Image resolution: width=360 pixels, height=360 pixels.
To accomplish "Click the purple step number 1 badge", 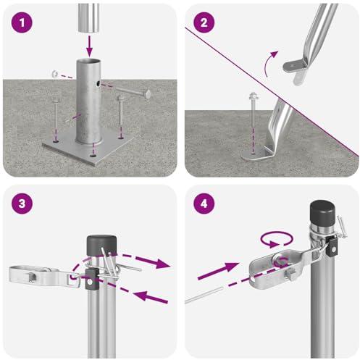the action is (22, 22).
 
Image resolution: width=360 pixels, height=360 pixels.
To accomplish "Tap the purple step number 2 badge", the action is (204, 22).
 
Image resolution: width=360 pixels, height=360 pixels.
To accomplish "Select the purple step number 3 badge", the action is (22, 204).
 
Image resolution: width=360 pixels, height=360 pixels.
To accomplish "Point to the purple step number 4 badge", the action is (204, 204).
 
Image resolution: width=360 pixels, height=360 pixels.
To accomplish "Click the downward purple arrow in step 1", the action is (89, 46).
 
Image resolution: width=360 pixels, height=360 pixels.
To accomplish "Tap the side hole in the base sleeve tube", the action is (99, 84).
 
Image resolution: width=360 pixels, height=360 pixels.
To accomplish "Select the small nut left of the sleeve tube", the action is (54, 73).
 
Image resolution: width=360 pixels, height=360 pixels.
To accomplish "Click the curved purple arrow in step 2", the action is (270, 63).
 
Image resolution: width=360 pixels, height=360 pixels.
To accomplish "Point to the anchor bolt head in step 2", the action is (253, 96).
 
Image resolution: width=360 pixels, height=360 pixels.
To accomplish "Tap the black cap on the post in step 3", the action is (101, 246).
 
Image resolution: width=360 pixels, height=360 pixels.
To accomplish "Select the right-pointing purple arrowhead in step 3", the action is (162, 264).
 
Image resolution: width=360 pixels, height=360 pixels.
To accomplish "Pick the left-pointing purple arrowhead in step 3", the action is (141, 296).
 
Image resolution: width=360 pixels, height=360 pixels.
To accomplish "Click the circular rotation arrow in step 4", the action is (277, 239).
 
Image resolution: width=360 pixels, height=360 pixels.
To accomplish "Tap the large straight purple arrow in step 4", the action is (218, 270).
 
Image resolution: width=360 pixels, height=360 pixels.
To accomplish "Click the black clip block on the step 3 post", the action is (92, 279).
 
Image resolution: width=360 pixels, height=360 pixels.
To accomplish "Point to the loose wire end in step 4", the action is (204, 295).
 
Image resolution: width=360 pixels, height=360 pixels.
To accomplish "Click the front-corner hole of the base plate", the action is (93, 156).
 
